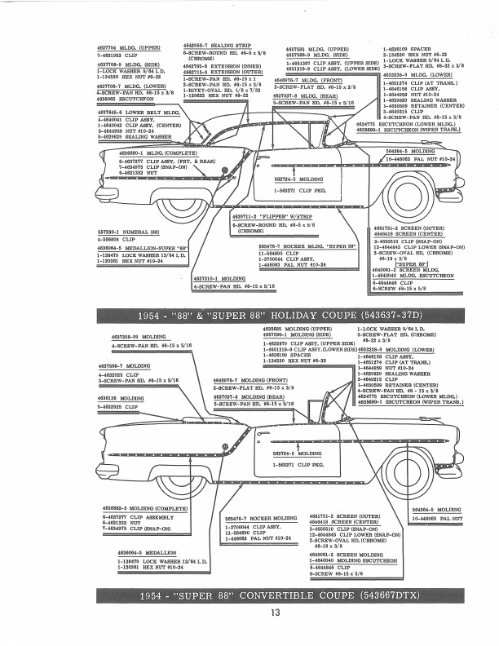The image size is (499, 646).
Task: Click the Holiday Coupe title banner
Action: click(249, 315)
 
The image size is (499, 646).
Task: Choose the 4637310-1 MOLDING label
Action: click(216, 277)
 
